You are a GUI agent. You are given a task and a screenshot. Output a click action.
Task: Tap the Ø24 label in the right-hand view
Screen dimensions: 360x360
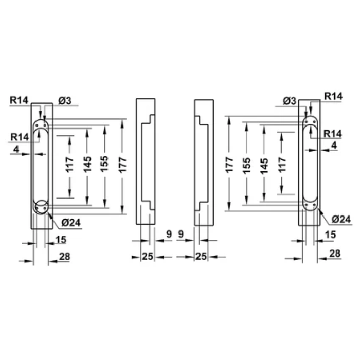(x=341, y=220)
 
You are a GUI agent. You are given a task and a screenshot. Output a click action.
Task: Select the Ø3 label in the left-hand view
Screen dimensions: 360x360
(x=65, y=101)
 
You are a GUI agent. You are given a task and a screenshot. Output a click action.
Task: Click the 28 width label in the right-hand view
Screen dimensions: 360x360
(x=334, y=254)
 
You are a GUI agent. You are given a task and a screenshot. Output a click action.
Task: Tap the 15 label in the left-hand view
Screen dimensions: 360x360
(x=61, y=240)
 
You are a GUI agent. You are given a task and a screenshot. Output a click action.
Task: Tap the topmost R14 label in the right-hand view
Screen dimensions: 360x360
(x=333, y=96)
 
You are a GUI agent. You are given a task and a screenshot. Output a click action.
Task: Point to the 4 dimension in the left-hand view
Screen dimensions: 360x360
(x=17, y=150)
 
